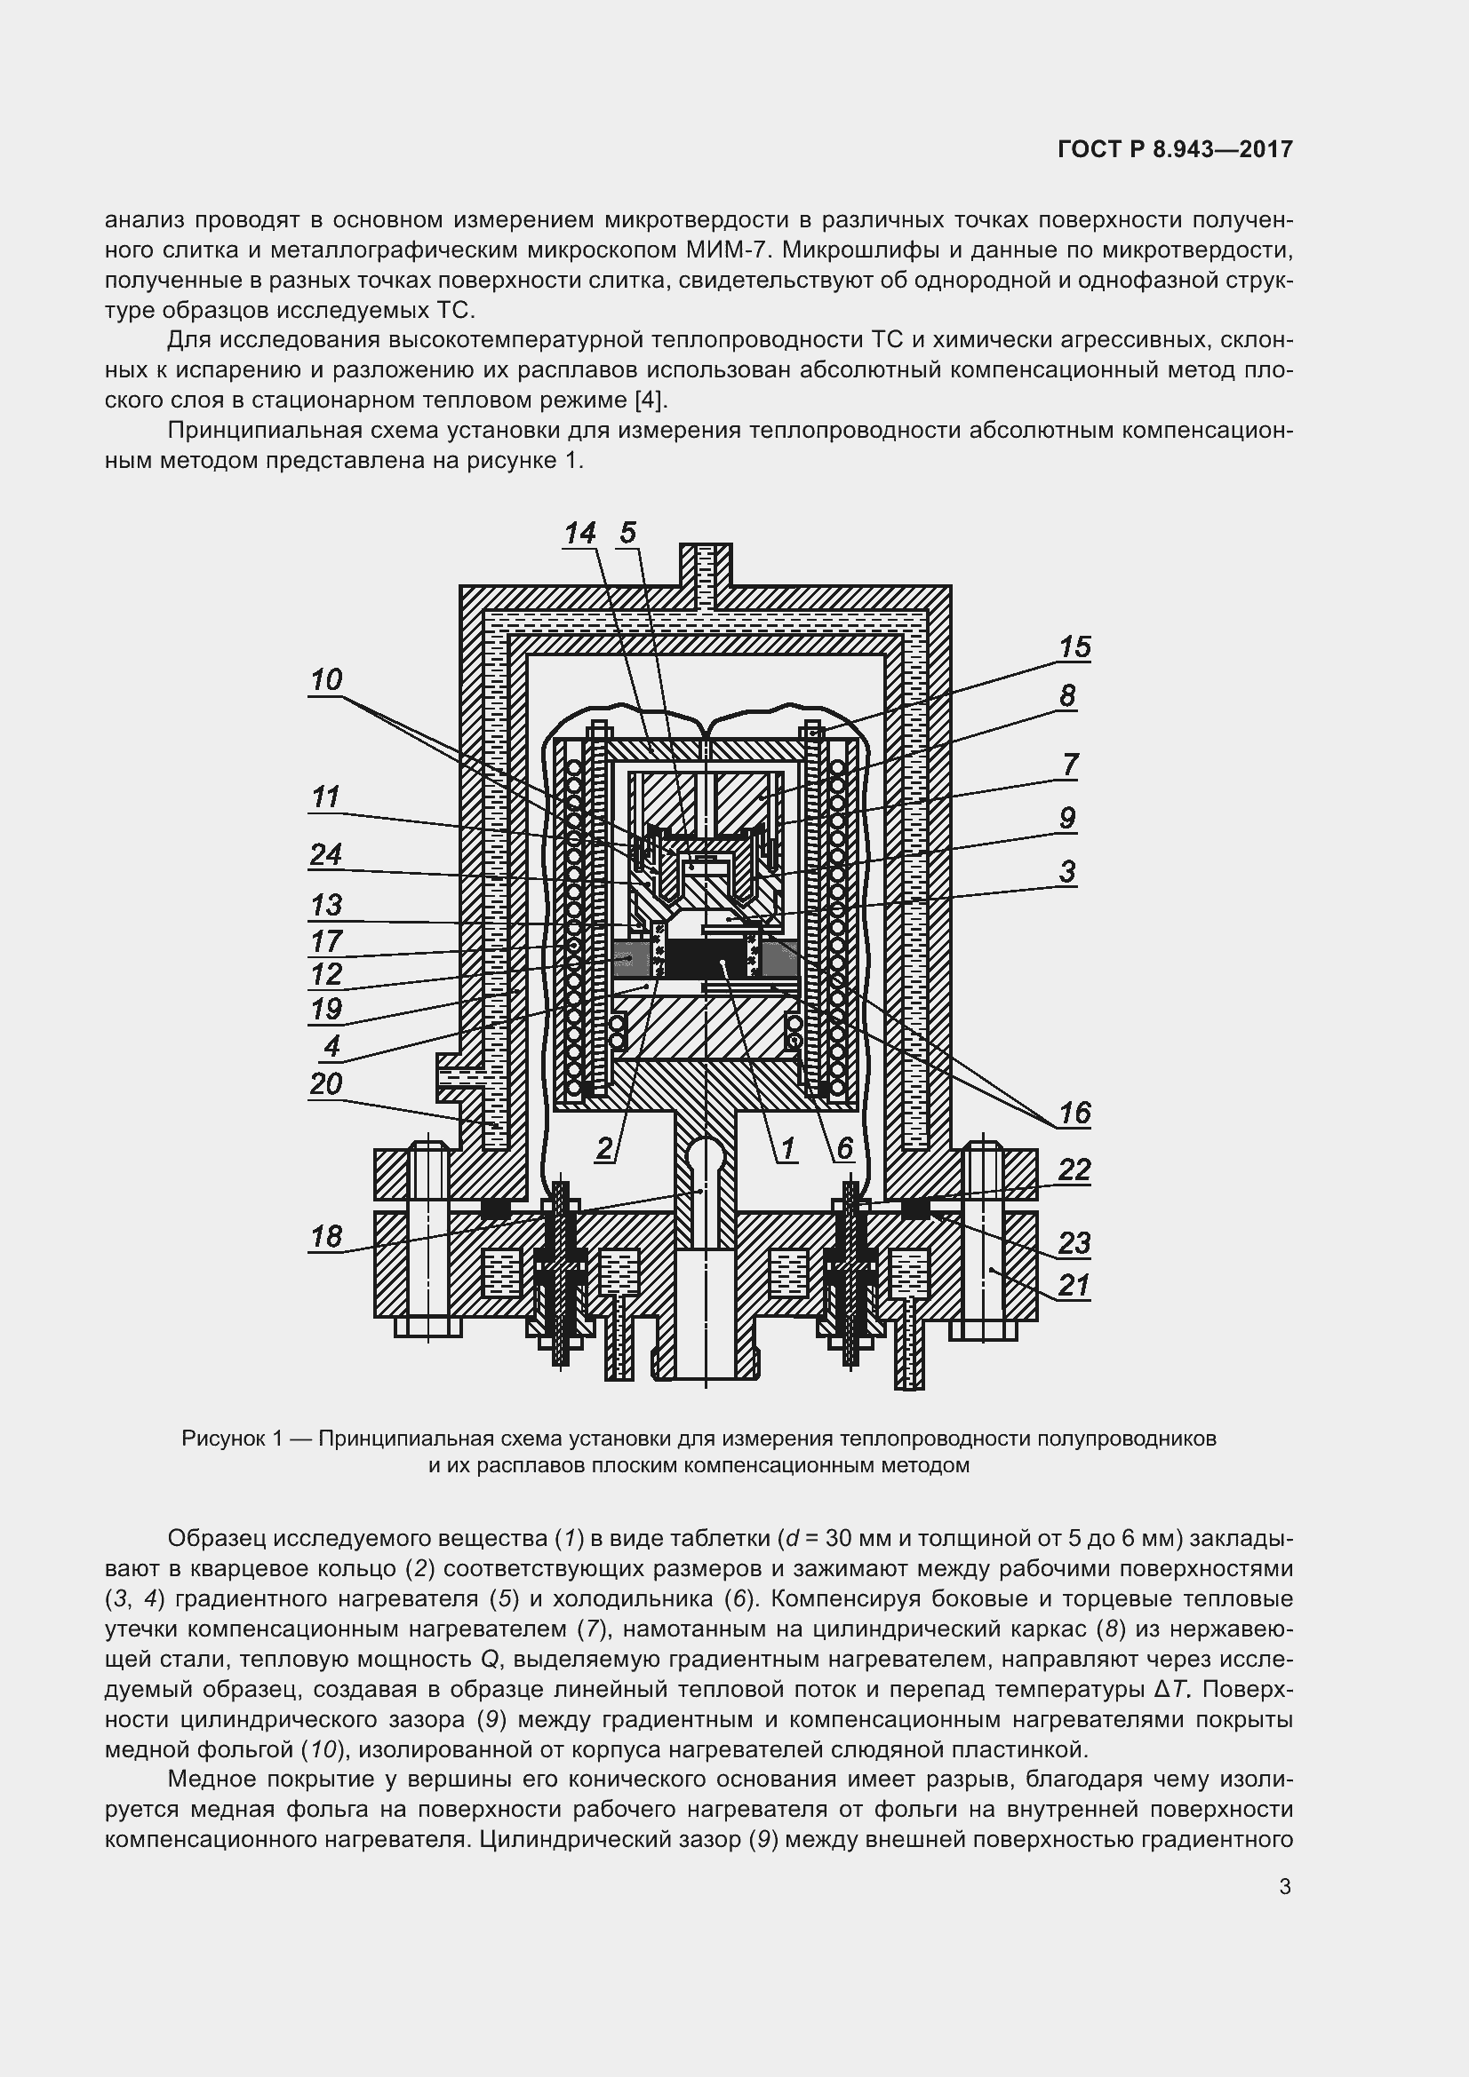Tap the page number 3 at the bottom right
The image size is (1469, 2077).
point(1285,1885)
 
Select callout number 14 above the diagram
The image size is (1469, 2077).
point(580,533)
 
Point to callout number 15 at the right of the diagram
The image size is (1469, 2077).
point(1075,646)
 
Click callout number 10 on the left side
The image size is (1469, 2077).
point(326,679)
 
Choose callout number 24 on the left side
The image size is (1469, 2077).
point(326,854)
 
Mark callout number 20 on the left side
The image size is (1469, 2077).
point(326,1082)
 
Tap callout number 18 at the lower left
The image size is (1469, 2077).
point(326,1236)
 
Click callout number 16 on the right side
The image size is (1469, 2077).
point(1075,1113)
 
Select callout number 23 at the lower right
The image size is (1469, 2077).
point(1074,1243)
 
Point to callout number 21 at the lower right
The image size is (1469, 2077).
point(1074,1285)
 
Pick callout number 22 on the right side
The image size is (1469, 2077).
point(1074,1169)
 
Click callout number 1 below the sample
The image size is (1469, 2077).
point(787,1149)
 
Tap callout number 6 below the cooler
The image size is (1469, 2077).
point(844,1149)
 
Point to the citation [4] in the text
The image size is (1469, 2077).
point(651,400)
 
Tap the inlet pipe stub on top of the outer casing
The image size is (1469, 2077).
point(706,566)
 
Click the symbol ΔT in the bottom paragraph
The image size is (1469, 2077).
point(1175,1689)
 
